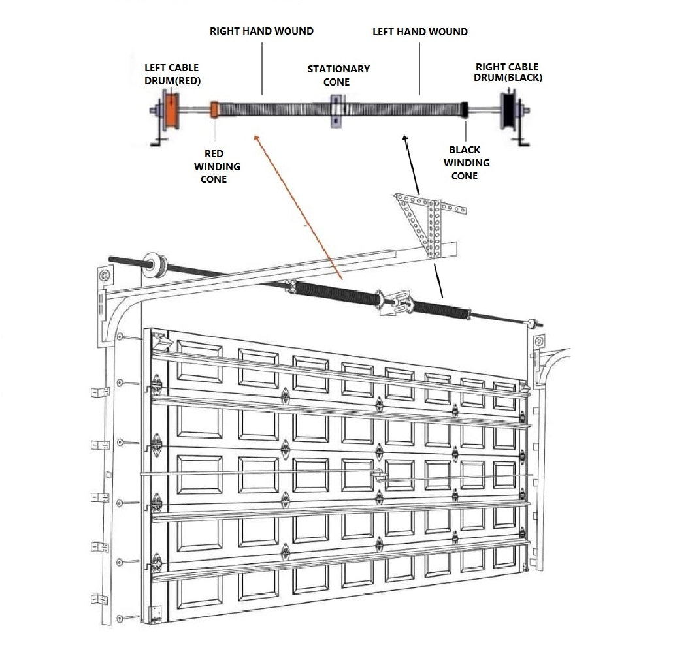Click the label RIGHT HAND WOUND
[x=261, y=31]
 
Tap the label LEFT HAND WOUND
[x=419, y=31]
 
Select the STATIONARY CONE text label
[x=338, y=75]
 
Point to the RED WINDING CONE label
[x=216, y=166]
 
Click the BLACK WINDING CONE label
[x=466, y=163]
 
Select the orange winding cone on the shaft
[x=214, y=109]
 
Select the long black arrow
[x=422, y=215]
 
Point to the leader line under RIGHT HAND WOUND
[x=262, y=68]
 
